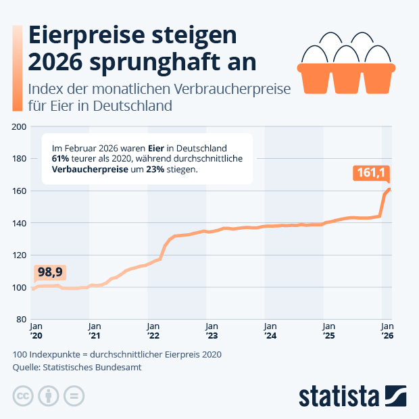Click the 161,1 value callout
coord(372,174)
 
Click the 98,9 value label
coord(50,272)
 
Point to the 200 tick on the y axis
coord(19,126)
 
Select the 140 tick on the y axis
coord(19,223)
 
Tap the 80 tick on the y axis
coord(21,320)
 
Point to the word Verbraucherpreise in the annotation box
coord(89,170)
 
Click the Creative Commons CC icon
coord(23,396)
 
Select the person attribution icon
coord(49,396)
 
